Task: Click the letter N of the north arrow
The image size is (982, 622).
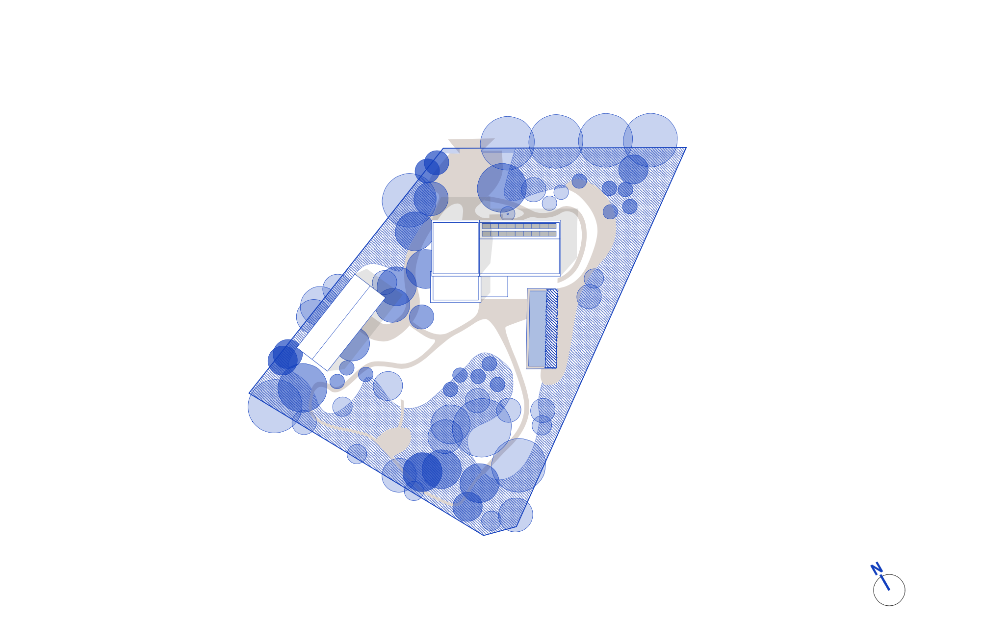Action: pos(876,569)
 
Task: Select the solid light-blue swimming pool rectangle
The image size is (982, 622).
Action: pos(537,329)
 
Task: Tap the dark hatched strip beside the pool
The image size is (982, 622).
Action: pos(551,328)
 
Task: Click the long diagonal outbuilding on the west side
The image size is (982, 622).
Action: pos(340,323)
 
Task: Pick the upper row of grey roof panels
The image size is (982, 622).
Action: pos(519,226)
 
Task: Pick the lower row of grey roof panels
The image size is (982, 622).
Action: pos(519,234)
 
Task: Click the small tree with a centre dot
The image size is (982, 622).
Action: pos(508,214)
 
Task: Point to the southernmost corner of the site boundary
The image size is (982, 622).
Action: pos(484,535)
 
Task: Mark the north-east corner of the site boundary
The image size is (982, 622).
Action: pos(686,148)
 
